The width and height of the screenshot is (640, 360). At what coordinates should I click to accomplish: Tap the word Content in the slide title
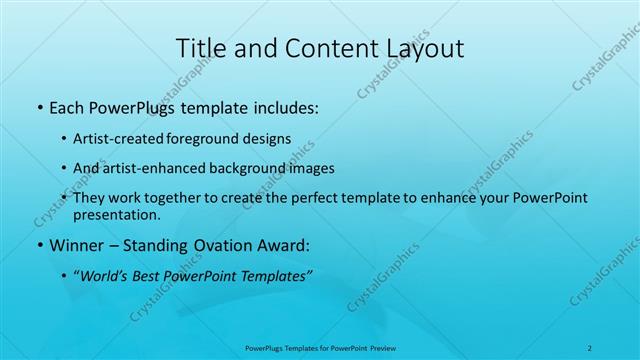pos(320,48)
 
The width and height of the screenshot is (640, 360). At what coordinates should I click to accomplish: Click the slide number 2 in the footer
pos(591,348)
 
